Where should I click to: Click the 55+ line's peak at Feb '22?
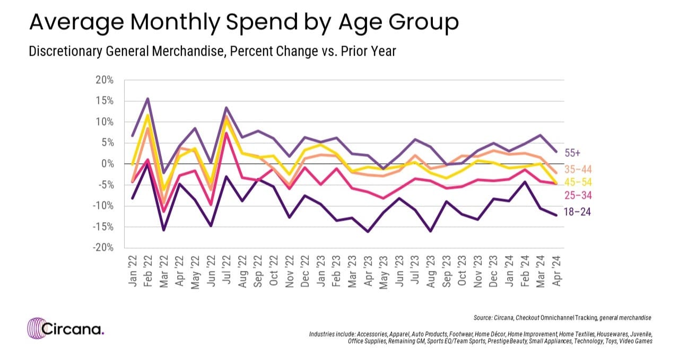coord(147,98)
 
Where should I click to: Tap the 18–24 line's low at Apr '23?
coord(367,232)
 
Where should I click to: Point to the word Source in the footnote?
coord(484,318)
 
